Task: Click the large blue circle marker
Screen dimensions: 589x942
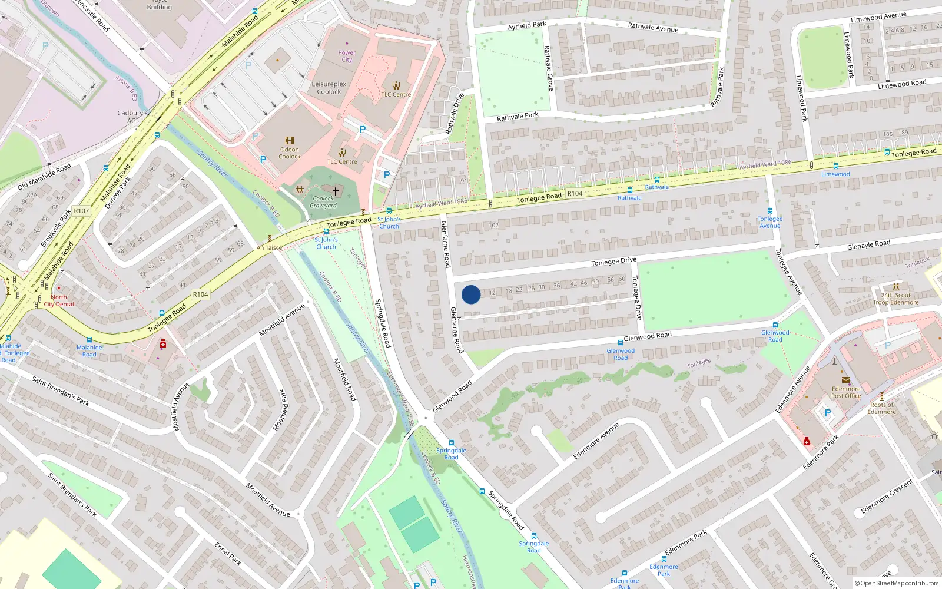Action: [470, 294]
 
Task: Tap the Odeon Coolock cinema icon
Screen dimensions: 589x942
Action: [289, 140]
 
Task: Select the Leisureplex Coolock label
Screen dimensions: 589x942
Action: [329, 88]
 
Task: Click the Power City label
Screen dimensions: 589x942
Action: [347, 56]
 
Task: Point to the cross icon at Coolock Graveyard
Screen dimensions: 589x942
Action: [336, 191]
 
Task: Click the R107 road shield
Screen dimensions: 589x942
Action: [81, 211]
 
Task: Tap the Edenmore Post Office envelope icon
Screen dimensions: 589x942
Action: [846, 380]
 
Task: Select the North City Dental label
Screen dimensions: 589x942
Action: [59, 300]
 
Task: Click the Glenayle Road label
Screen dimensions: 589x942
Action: [868, 244]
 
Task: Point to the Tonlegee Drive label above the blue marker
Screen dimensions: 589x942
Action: [613, 261]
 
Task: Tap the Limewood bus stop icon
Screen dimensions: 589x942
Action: [835, 167]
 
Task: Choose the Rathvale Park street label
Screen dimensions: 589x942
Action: [518, 117]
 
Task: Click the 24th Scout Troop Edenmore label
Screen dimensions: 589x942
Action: [896, 299]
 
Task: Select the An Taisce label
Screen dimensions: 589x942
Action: [269, 248]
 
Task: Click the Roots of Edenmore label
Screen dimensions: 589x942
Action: [881, 408]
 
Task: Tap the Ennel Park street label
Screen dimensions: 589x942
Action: [228, 554]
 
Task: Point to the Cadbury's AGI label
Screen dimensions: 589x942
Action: [132, 117]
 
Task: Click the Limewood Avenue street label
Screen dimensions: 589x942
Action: [878, 17]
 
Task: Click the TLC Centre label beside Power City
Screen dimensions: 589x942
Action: [396, 94]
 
